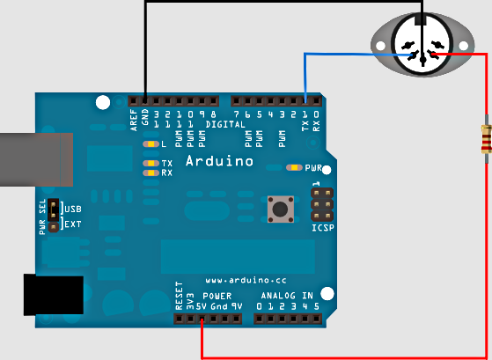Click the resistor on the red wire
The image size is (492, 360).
(486, 139)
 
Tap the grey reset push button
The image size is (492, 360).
(281, 209)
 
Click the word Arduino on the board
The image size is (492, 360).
(219, 161)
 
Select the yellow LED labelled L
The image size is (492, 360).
(151, 144)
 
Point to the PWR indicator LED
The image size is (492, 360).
(294, 167)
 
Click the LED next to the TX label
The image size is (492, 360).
(151, 163)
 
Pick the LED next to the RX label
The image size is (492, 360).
(151, 173)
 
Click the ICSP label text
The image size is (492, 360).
(323, 228)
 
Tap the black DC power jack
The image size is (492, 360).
(54, 294)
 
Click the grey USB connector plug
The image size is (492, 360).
(36, 159)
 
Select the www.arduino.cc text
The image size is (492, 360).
(246, 280)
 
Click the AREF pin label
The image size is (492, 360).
(134, 121)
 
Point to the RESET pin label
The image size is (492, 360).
(179, 296)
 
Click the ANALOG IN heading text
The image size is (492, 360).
(287, 296)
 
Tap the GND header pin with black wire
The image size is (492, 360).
(145, 101)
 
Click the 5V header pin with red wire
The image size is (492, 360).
(202, 320)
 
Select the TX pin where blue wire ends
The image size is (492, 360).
(305, 101)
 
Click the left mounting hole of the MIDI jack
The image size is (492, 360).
(380, 46)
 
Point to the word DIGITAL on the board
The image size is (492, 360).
(225, 124)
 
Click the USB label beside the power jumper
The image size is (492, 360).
(73, 209)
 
